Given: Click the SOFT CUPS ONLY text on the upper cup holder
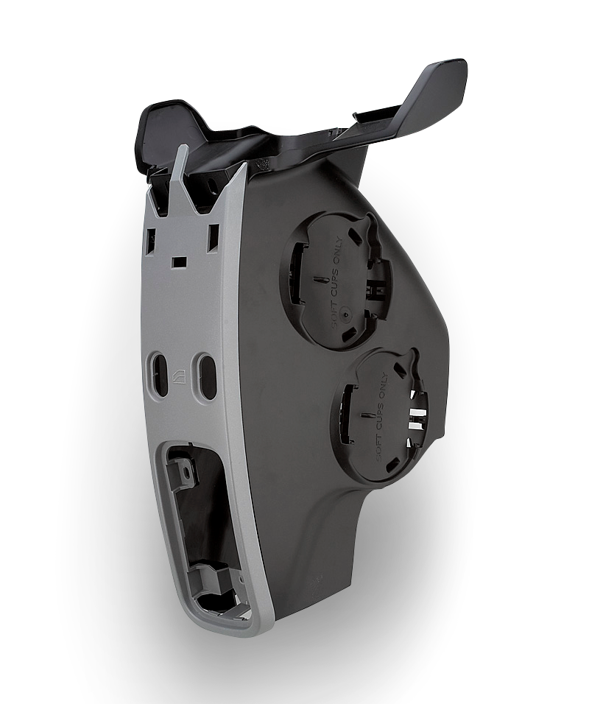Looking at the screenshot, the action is pos(339,280).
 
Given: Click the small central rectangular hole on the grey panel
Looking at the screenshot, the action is pos(179,261).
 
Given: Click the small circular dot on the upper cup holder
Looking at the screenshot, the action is pos(346,314).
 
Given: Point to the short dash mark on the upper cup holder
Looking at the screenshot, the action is pos(318,280).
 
